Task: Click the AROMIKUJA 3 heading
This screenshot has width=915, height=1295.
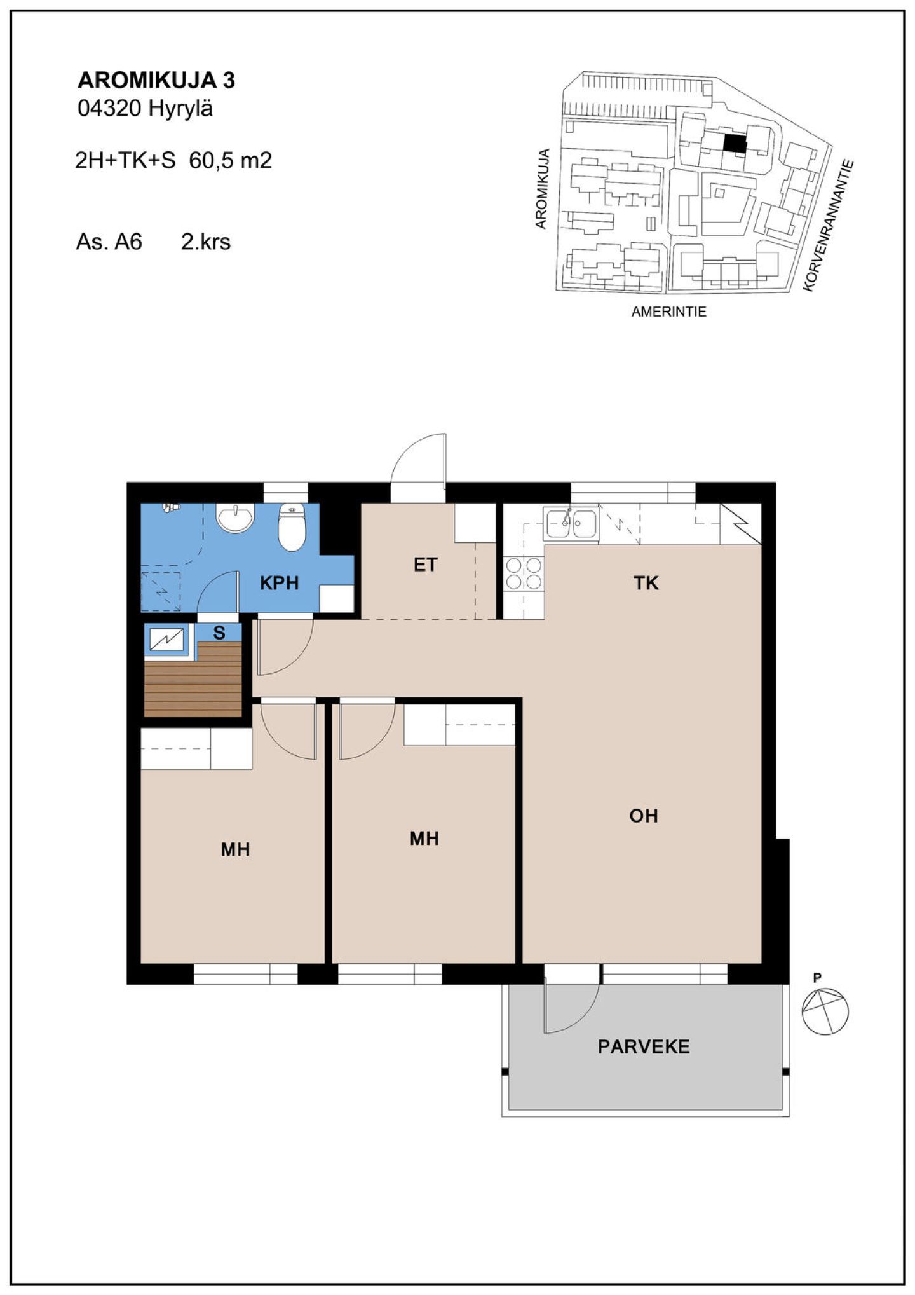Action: [x=156, y=80]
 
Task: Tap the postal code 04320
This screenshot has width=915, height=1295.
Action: [x=109, y=109]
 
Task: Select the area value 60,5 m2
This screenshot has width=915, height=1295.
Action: [x=230, y=160]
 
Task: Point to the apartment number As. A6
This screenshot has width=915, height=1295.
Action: [x=109, y=242]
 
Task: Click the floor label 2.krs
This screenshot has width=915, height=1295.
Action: [x=205, y=242]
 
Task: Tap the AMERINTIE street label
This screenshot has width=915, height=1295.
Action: [x=668, y=312]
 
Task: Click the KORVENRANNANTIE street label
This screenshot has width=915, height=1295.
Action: [x=827, y=225]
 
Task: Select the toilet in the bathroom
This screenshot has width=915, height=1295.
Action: [x=292, y=526]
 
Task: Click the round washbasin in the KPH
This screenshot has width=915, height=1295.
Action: [x=235, y=516]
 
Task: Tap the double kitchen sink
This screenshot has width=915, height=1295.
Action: [x=571, y=523]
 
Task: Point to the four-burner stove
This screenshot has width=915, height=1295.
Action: [x=524, y=573]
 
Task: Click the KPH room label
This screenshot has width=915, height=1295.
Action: [x=279, y=583]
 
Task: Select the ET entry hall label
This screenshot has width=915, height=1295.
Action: [x=425, y=565]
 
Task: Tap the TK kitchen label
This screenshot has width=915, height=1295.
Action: [x=646, y=583]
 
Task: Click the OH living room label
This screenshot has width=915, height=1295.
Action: [x=644, y=816]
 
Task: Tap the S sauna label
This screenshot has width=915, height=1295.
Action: [x=219, y=633]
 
